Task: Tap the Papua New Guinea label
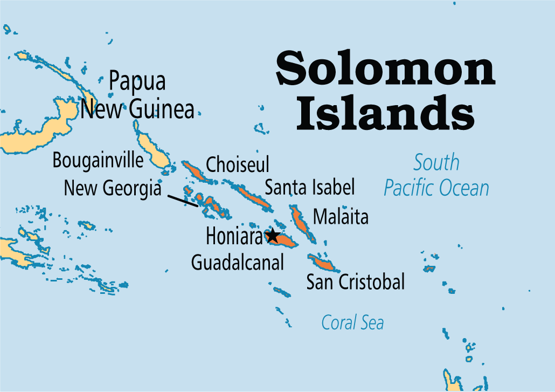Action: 137,95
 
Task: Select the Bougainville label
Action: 98,160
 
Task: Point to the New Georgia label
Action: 112,188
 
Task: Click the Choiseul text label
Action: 238,164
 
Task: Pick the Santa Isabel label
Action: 310,188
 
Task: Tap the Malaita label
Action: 341,217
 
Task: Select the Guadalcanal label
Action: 238,262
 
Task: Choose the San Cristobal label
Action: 355,281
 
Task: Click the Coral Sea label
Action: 352,322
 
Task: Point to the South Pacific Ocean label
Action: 436,175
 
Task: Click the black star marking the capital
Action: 273,236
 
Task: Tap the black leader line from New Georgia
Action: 182,200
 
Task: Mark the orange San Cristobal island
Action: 323,263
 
